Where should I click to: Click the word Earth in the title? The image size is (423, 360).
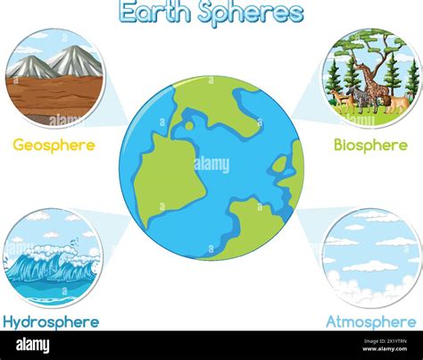click(x=153, y=13)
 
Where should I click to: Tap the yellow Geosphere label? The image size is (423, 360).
click(x=54, y=145)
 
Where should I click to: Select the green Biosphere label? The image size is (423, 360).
click(x=370, y=145)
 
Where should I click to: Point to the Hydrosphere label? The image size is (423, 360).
click(x=51, y=321)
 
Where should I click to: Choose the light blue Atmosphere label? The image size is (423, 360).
click(x=370, y=321)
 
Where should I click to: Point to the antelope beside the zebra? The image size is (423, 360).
click(x=339, y=98)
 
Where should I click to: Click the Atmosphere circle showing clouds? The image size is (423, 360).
click(x=370, y=258)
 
